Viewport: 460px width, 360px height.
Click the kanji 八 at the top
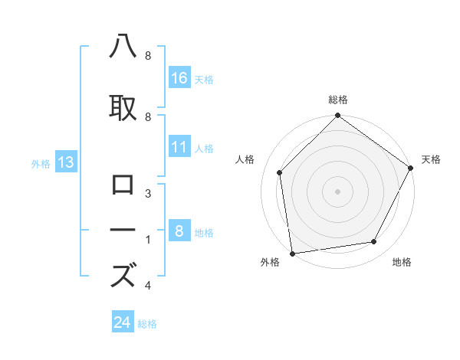(x=123, y=47)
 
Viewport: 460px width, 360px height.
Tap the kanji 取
(x=123, y=107)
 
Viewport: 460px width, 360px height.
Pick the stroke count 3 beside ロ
(x=148, y=194)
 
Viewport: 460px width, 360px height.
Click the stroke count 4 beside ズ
(x=148, y=286)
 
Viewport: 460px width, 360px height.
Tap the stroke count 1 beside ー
(x=148, y=240)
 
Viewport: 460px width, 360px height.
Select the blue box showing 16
(x=179, y=78)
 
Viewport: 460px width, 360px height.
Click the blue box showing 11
(x=179, y=147)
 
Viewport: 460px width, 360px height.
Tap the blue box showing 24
(x=123, y=322)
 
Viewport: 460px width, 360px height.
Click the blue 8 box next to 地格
(x=179, y=231)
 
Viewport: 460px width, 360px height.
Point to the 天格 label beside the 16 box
(x=204, y=80)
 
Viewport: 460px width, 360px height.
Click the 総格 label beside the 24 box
(x=147, y=324)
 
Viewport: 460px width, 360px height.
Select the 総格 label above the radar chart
(x=338, y=100)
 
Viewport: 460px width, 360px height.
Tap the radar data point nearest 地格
(x=374, y=242)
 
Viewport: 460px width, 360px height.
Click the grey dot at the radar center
(x=338, y=191)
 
